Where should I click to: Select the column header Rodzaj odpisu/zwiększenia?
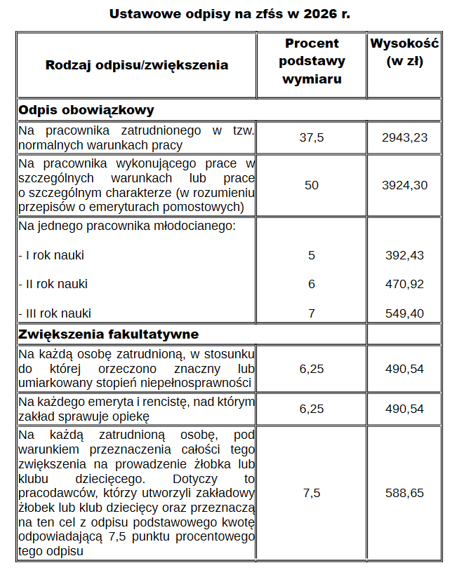point(136,65)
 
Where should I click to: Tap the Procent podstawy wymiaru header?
point(312,61)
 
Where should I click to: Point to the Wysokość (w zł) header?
point(404,52)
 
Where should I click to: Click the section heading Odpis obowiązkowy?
point(86,110)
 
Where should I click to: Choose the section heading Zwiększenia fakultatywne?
point(108,334)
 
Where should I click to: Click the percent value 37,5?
point(312,137)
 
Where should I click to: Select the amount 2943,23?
point(404,137)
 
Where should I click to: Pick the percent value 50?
point(312,185)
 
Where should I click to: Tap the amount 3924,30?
point(404,185)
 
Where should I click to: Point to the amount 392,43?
point(404,255)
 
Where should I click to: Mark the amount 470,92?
point(404,284)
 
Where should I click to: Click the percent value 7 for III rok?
point(312,313)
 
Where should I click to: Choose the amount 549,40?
point(404,313)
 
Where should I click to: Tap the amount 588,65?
point(404,493)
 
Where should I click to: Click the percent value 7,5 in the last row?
point(312,493)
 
